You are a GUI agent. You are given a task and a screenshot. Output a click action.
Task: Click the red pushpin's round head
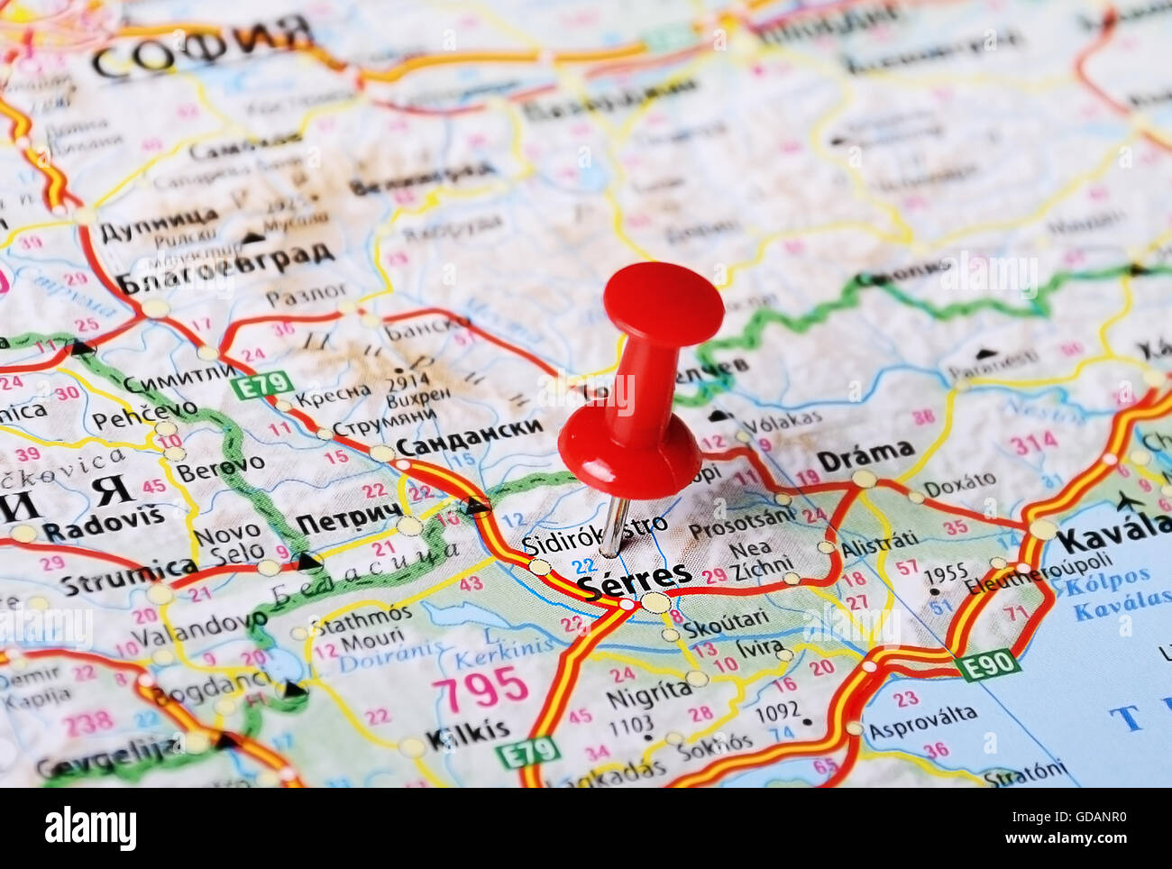click(x=664, y=301)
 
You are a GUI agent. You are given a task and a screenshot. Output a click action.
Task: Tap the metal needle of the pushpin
click(x=615, y=526)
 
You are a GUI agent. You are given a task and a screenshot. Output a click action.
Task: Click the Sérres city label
click(x=635, y=579)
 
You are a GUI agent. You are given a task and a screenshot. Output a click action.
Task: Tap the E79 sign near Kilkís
click(x=527, y=751)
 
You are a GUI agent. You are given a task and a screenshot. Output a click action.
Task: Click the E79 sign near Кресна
click(x=261, y=385)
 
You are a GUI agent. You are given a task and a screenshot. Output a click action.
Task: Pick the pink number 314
click(x=1032, y=444)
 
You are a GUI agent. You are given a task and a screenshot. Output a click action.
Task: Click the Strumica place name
click(x=128, y=575)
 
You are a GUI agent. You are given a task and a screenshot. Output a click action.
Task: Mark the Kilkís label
click(x=467, y=734)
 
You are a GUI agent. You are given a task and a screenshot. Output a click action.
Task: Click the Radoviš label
click(x=104, y=527)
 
